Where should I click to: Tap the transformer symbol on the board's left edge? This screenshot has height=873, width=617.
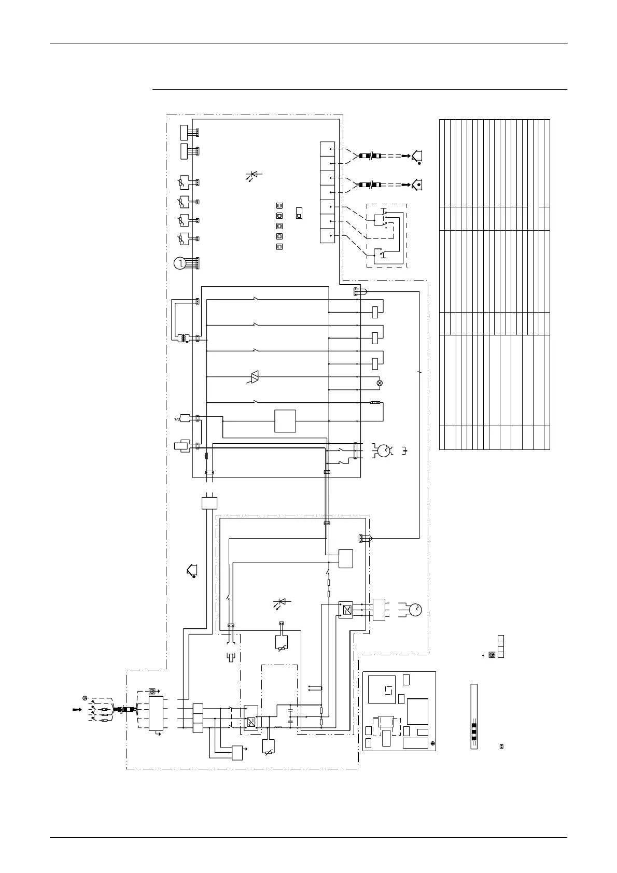coord(183,339)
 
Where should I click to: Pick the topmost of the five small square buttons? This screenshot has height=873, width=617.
coord(279,206)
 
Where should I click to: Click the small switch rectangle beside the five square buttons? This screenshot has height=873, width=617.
coord(299,213)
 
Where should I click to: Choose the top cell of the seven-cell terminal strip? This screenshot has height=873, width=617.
coord(328,149)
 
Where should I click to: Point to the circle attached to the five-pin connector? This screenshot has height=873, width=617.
coord(179,263)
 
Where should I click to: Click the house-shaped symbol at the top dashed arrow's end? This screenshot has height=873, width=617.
coord(416,155)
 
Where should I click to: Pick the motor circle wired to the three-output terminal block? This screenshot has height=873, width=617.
coord(415,610)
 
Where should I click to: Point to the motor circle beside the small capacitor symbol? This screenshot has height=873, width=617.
coord(384,450)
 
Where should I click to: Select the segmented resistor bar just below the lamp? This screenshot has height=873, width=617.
coord(375,402)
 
